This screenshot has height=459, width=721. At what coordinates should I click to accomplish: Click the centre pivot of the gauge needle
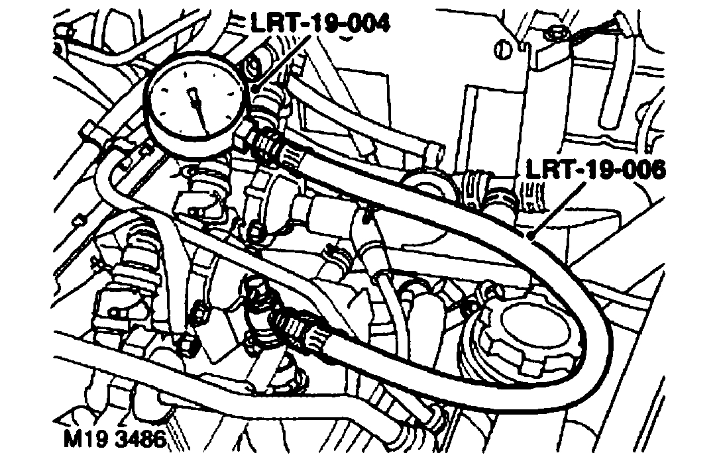[194, 97]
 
